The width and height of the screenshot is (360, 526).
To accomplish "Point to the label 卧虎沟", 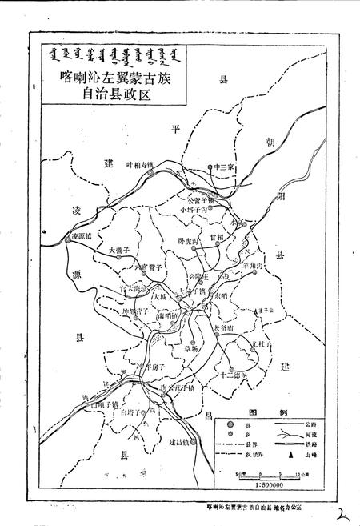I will coord(190,240).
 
